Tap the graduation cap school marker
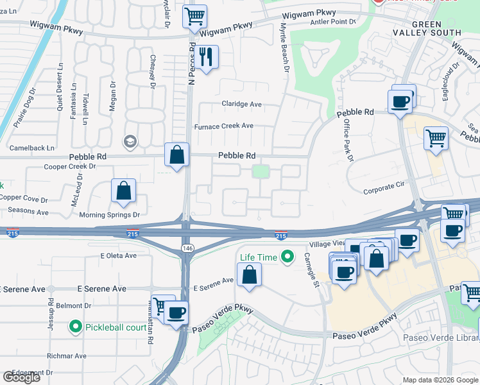[130, 141]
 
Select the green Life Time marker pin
[287, 257]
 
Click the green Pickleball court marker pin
[76, 327]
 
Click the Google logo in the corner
[21, 377]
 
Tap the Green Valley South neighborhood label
[436, 28]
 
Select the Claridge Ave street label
[242, 104]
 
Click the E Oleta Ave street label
[119, 255]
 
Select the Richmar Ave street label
[67, 355]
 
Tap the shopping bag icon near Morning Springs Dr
[123, 191]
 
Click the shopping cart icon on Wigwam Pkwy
[194, 16]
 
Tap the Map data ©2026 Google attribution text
[440, 380]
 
